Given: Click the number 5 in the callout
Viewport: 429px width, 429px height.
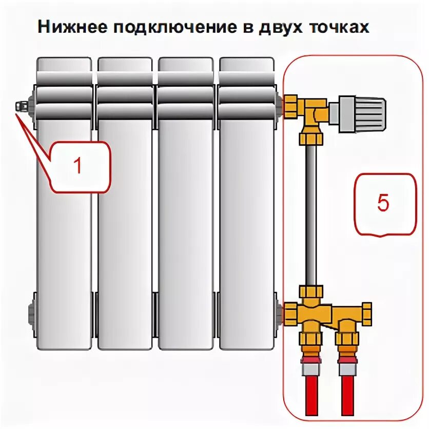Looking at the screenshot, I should (x=383, y=203).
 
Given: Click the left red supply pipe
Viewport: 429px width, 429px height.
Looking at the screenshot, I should (x=311, y=393).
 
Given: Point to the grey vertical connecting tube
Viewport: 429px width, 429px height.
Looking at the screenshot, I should (x=311, y=216).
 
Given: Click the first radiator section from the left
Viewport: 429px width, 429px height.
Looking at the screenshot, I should (x=64, y=205).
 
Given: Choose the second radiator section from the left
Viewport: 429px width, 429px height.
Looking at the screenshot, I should (x=125, y=205).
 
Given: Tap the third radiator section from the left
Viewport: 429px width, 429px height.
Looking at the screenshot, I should (x=185, y=205).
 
